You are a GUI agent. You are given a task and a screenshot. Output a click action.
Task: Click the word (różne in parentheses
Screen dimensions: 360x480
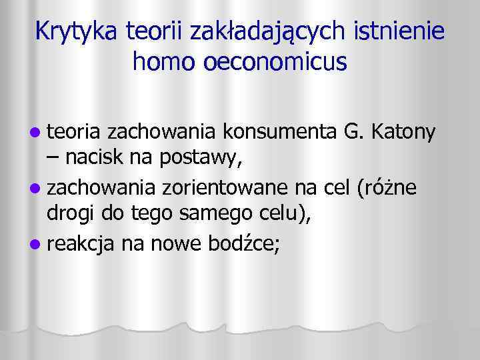[387, 188]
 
